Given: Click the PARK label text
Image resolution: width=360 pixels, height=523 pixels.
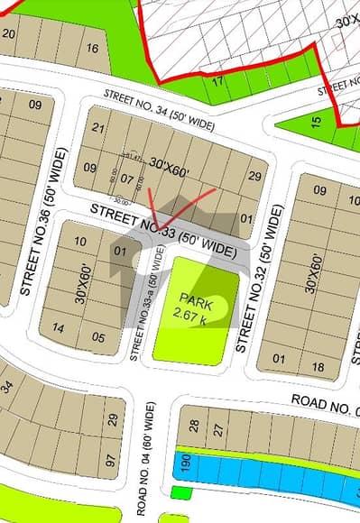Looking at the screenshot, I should click(x=195, y=298).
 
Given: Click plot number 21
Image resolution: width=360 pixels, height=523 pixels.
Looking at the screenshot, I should click(x=99, y=129).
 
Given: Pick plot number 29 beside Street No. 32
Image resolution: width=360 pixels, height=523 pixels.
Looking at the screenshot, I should click(x=254, y=176).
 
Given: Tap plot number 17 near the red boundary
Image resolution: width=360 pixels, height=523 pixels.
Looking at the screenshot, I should click(x=217, y=81).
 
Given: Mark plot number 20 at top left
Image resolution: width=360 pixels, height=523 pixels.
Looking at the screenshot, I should click(x=9, y=33).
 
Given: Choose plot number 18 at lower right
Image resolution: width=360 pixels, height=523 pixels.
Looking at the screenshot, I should click(x=318, y=366).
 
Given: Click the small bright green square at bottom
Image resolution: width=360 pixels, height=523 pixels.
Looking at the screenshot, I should click(x=180, y=492).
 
